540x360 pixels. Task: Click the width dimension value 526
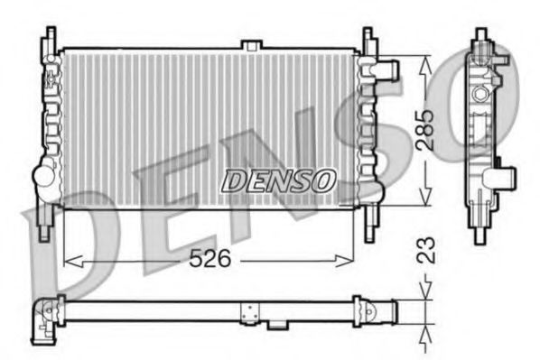coord(209,259)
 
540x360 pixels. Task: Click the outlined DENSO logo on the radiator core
coord(278,180)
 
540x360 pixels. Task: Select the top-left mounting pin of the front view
coord(45,40)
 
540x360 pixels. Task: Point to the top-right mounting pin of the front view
coord(368,40)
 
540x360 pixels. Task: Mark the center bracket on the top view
coord(248,312)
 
